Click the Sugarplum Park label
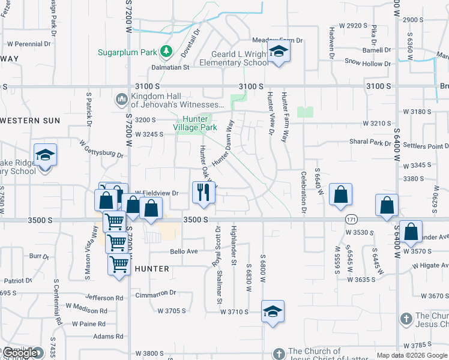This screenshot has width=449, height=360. point(127,52)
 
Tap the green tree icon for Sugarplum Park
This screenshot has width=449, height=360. point(166,52)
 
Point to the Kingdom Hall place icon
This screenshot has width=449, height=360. point(122,97)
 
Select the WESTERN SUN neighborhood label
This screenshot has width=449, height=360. point(30,121)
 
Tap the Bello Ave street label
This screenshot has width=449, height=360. point(184,251)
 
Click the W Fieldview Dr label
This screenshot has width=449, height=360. point(157,193)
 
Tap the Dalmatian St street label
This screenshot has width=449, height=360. point(170,68)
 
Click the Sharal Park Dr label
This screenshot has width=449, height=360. point(370,142)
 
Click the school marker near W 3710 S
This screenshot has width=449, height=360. point(273,311)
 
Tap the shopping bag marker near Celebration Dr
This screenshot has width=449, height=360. point(340,194)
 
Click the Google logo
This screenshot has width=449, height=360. point(20,353)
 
